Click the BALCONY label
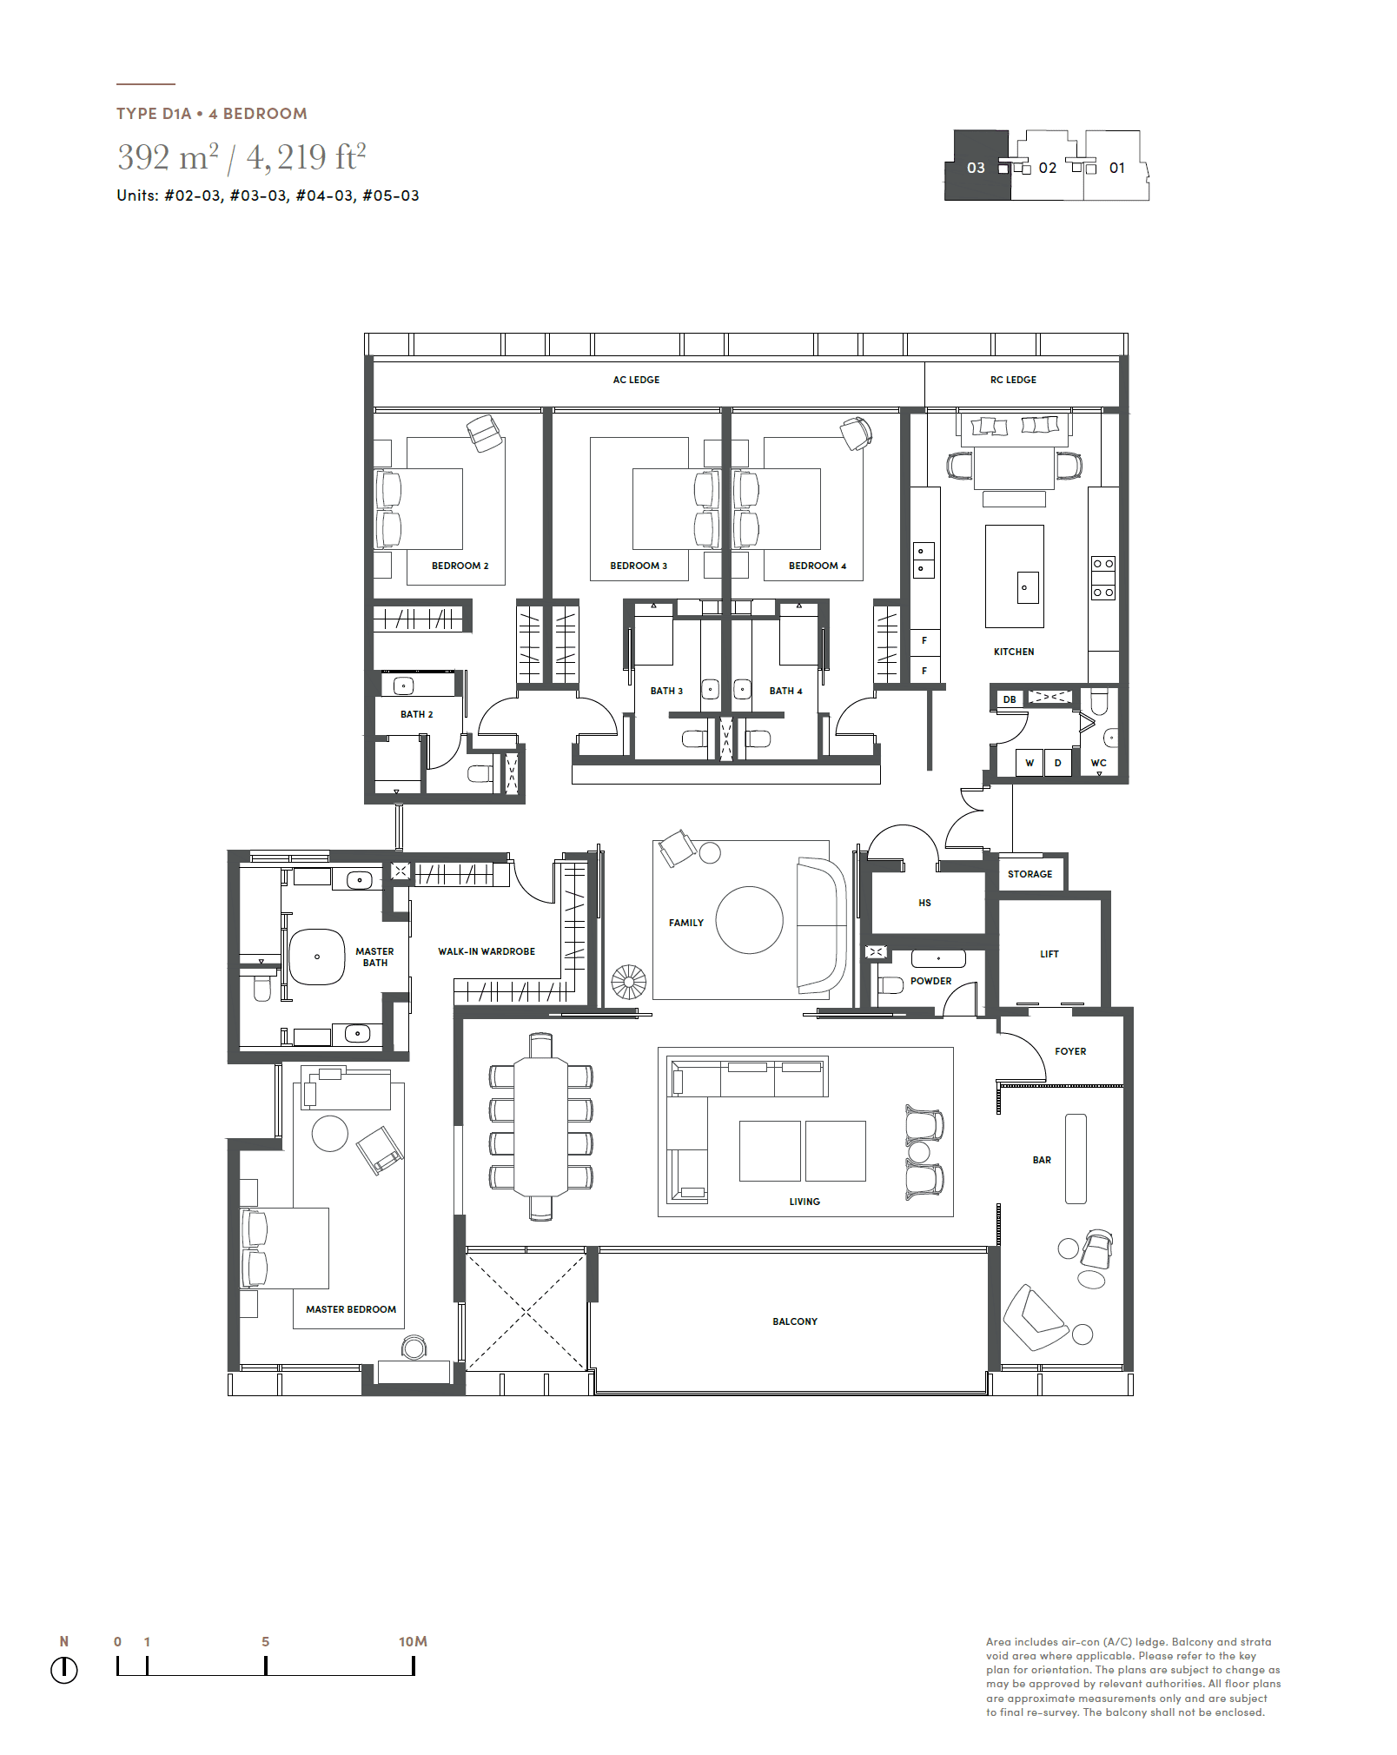click(795, 1321)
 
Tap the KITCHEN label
click(1014, 652)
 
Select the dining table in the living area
click(540, 1127)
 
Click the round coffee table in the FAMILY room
click(749, 920)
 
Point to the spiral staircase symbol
click(628, 983)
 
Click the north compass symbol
click(64, 1669)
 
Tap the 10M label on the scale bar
click(413, 1641)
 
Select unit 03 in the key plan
click(977, 166)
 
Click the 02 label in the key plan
click(1048, 168)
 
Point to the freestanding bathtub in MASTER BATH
click(316, 957)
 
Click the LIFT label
click(1049, 954)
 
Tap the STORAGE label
click(1030, 874)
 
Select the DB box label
click(1010, 699)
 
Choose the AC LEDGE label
click(636, 380)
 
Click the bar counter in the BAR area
click(1076, 1158)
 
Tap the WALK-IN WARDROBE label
click(487, 951)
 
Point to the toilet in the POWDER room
click(891, 985)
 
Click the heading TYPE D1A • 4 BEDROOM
click(212, 114)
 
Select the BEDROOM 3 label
click(639, 566)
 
